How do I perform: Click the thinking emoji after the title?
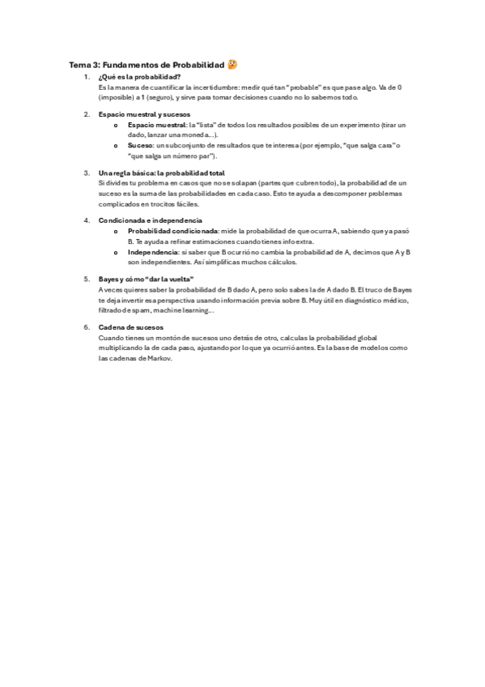232,64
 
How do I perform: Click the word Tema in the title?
79,65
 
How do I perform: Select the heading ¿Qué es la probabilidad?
134,76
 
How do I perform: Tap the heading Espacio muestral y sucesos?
138,114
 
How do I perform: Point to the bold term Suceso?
139,145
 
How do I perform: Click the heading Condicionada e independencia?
145,220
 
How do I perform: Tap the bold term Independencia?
153,252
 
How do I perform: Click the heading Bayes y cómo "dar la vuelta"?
146,279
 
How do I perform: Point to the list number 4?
87,220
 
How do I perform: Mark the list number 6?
87,326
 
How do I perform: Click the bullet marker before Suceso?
116,146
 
